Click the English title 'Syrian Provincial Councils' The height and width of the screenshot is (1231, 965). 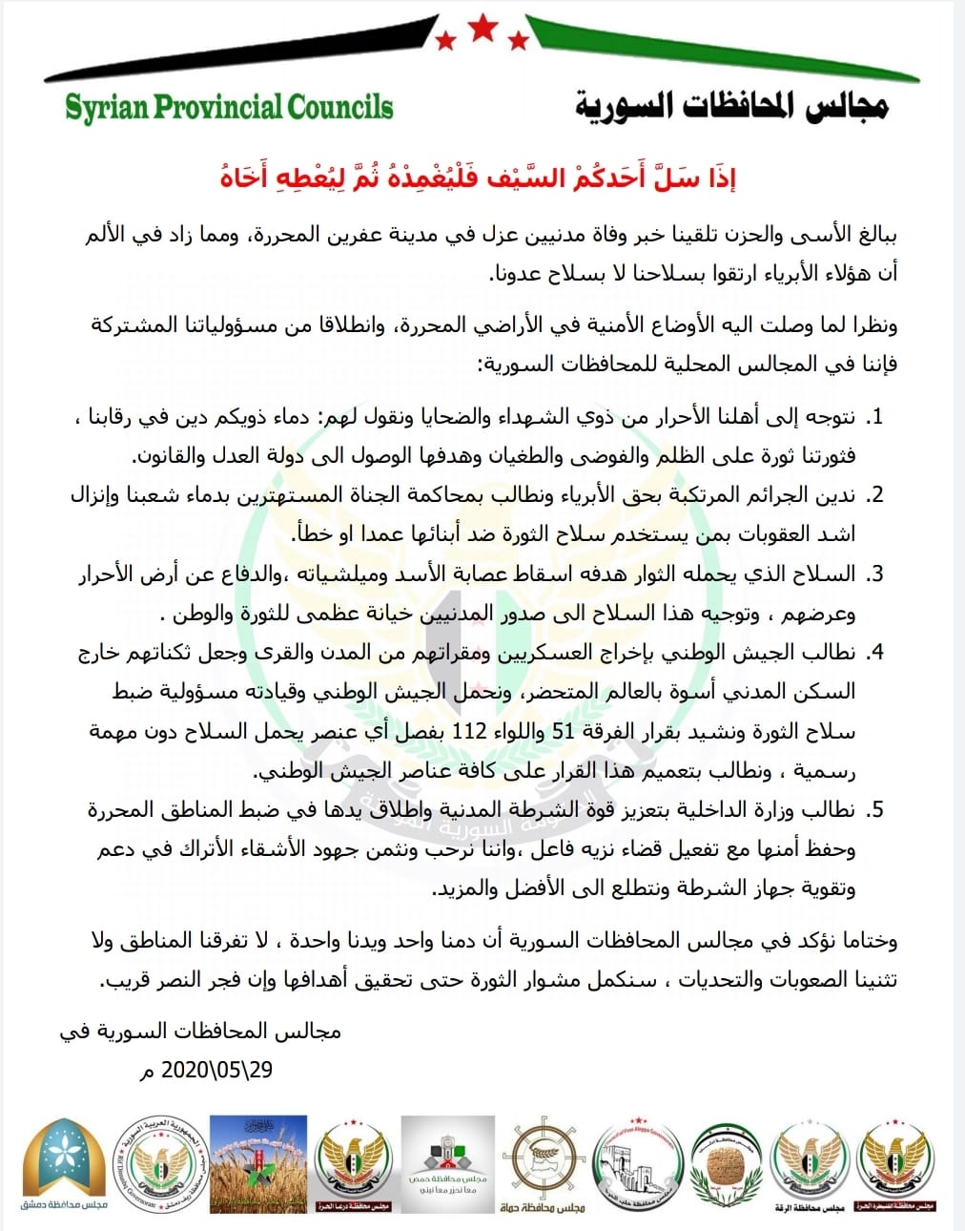click(229, 107)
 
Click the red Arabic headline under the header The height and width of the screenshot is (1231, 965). click(478, 177)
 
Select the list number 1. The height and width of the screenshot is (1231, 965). click(874, 417)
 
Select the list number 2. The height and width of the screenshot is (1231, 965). click(874, 495)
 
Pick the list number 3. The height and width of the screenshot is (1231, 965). click(874, 574)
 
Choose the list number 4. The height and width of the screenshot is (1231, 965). click(874, 653)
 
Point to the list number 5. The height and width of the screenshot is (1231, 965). click(874, 810)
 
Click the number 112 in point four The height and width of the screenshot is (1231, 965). click(469, 732)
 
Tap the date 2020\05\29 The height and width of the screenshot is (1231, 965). click(217, 1070)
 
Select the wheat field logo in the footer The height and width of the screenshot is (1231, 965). click(257, 1164)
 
